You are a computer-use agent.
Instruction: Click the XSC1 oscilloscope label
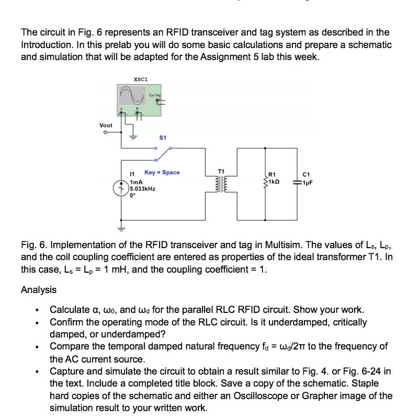pyautogui.click(x=141, y=79)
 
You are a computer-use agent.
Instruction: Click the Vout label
pyautogui.click(x=106, y=125)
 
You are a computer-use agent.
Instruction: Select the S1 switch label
pyautogui.click(x=162, y=138)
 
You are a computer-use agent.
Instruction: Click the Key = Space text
pyautogui.click(x=162, y=172)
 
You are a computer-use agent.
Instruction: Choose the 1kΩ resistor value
pyautogui.click(x=276, y=183)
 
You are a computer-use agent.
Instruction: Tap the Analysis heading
pyautogui.click(x=38, y=289)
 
